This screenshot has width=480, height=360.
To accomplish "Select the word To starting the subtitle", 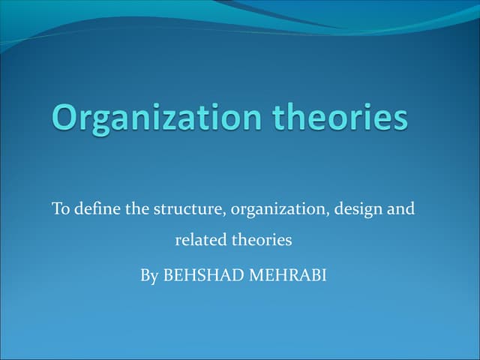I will pos(60,208).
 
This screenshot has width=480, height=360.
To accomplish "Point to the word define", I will pos(97,208).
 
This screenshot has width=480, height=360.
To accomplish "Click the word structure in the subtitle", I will pos(188,208).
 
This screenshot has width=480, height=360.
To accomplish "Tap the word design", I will pos(355,209).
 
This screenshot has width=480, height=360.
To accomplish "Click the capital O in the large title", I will pos(68,119).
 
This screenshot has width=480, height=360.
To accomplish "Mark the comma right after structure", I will pos(226,213).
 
